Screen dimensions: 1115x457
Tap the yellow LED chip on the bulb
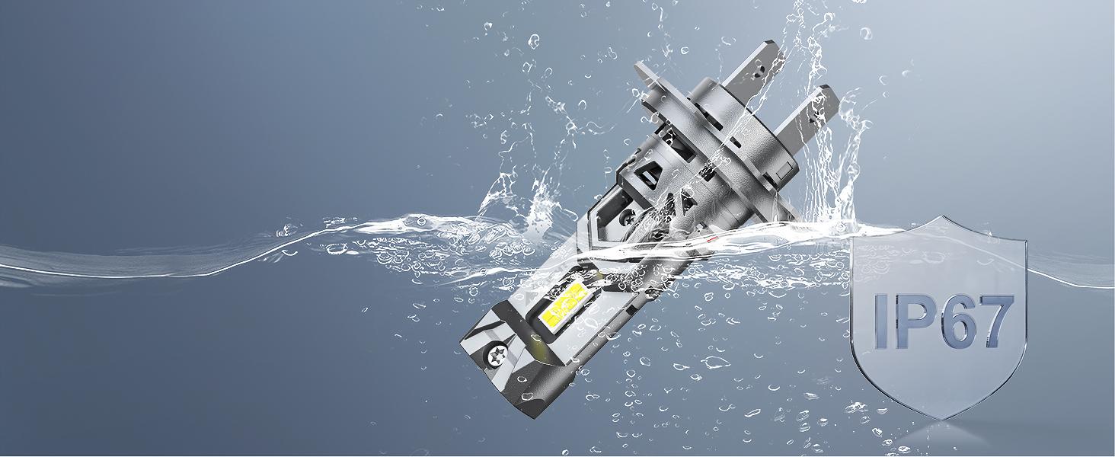click(x=568, y=302)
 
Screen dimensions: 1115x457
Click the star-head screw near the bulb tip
click(x=497, y=356)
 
